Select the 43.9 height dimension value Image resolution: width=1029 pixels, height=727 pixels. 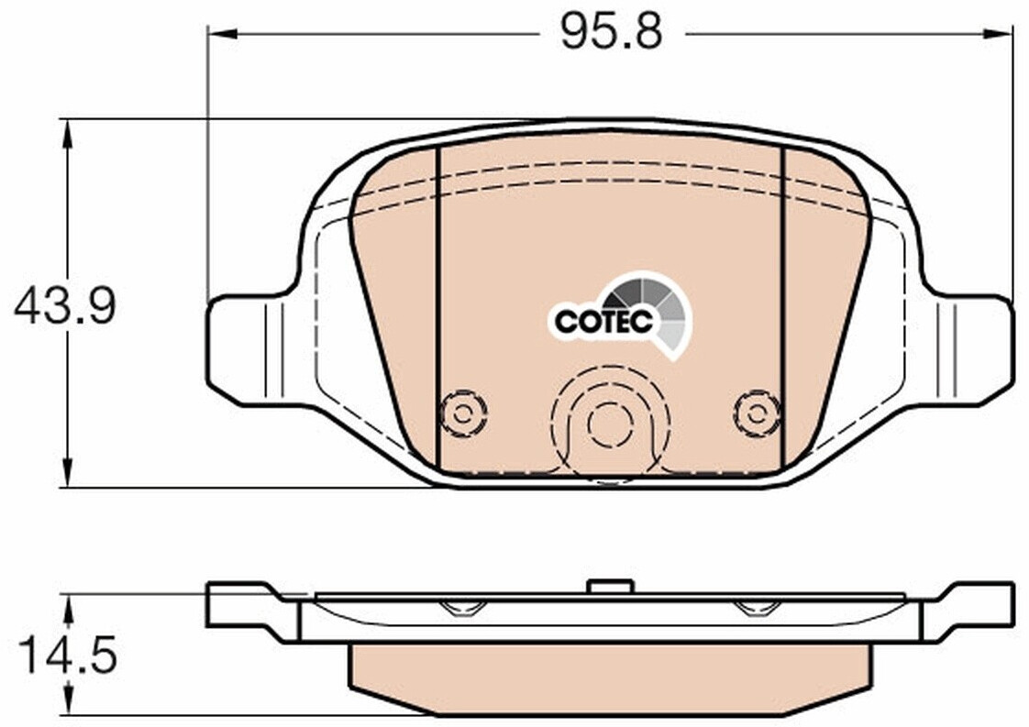[65, 306]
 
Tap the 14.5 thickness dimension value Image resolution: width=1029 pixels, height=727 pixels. [67, 655]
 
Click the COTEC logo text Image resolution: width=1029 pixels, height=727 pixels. [603, 321]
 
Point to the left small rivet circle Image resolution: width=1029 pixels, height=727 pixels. [463, 413]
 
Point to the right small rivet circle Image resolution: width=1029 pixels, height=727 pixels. [758, 413]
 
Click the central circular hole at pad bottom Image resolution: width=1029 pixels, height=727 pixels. [610, 424]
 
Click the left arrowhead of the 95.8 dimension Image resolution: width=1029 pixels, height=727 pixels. [221, 32]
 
